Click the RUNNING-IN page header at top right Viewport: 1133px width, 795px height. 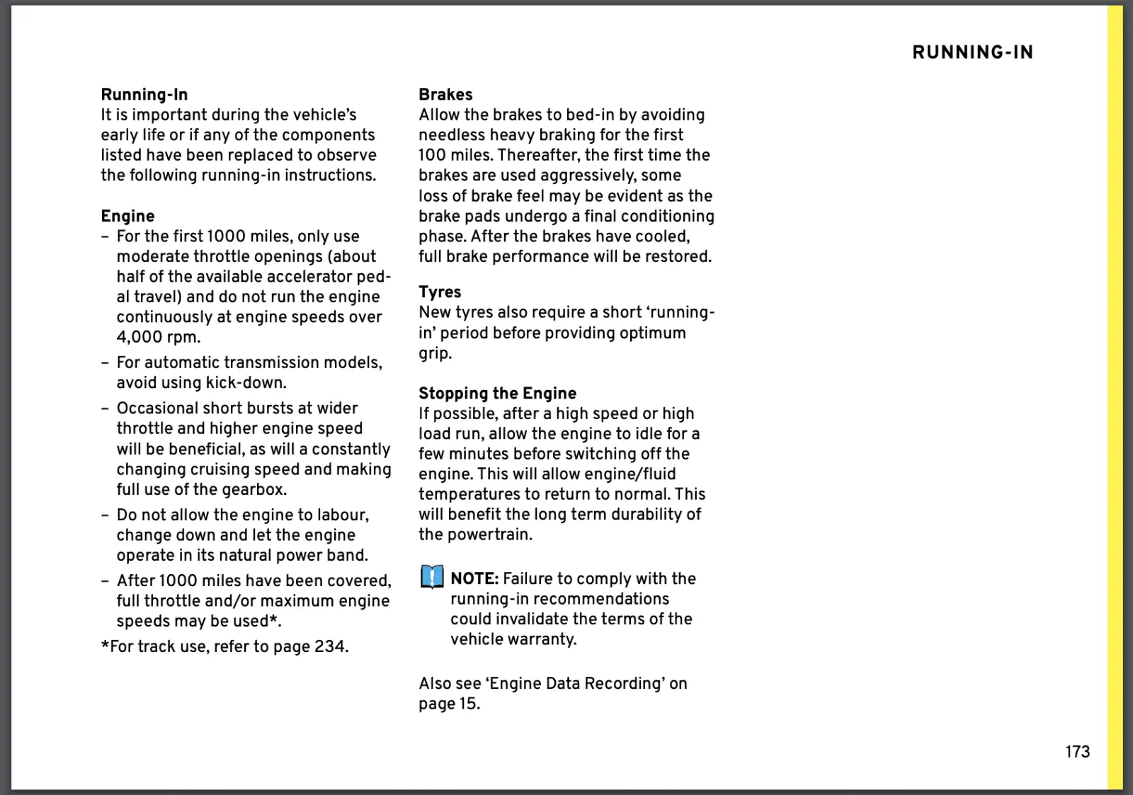coord(972,52)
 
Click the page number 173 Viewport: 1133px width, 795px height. coord(1077,752)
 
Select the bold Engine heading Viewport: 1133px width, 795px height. coord(127,216)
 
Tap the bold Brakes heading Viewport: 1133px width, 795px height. coord(445,94)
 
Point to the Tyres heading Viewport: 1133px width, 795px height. coord(440,292)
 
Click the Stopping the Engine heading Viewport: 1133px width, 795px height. coord(497,393)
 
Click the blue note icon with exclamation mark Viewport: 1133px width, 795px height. coord(431,577)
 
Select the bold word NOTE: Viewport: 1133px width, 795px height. coord(474,578)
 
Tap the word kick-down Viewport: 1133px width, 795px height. coord(245,383)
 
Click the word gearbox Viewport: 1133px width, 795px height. coord(254,489)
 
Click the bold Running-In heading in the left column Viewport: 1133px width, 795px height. coord(144,94)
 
